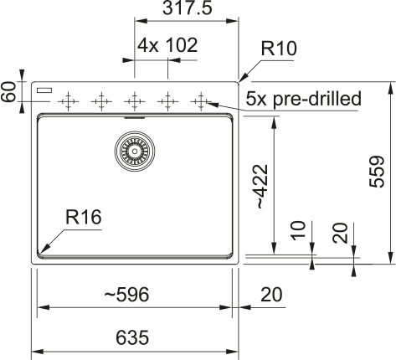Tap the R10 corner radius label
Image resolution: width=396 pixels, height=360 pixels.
pyautogui.click(x=279, y=49)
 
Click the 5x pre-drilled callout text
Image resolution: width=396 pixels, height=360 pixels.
pyautogui.click(x=303, y=100)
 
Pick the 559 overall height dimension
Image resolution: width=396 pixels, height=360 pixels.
pyautogui.click(x=378, y=172)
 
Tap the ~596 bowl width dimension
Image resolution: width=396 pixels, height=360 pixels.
pyautogui.click(x=126, y=295)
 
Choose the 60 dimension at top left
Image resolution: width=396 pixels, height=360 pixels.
pyautogui.click(x=9, y=92)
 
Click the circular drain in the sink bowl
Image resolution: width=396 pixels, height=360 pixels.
pyautogui.click(x=135, y=152)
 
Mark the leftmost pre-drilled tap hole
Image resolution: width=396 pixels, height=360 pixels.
pyautogui.click(x=68, y=101)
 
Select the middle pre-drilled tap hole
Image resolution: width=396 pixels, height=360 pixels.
pyautogui.click(x=134, y=101)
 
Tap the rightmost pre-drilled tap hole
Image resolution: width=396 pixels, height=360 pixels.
pyautogui.click(x=200, y=101)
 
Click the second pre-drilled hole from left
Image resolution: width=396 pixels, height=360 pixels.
pyautogui.click(x=100, y=101)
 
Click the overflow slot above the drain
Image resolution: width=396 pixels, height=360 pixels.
pyautogui.click(x=134, y=118)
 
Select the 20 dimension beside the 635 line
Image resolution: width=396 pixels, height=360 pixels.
pyautogui.click(x=271, y=295)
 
